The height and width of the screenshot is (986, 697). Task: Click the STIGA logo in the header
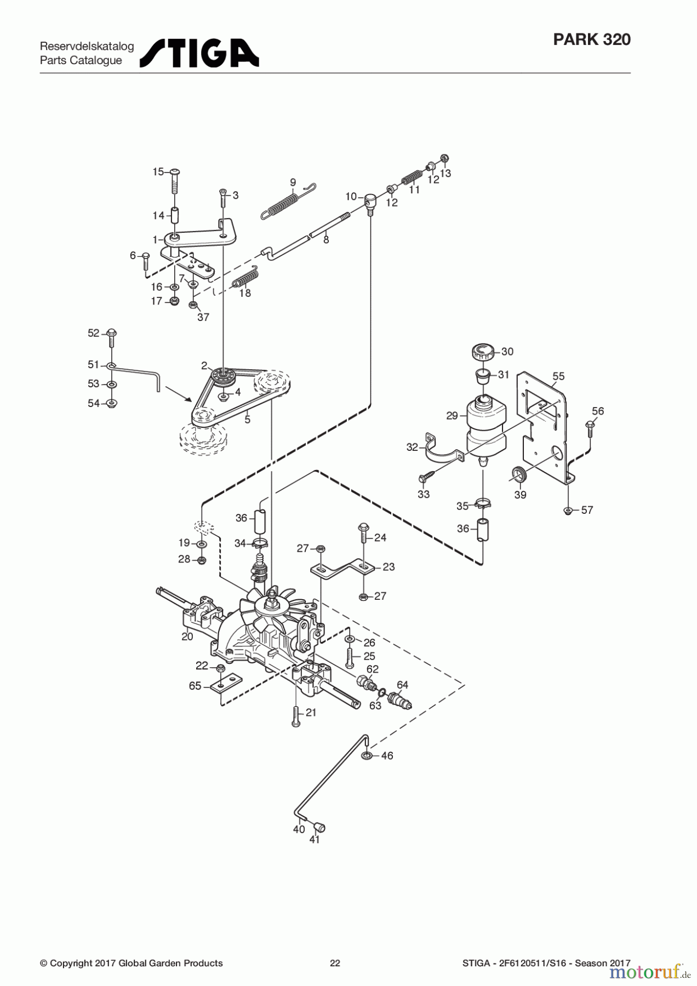click(199, 53)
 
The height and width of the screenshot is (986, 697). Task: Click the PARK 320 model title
click(592, 39)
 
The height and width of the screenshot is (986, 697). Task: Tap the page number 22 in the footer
click(335, 963)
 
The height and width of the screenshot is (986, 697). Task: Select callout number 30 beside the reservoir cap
click(507, 352)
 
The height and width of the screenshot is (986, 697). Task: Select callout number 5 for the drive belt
click(248, 420)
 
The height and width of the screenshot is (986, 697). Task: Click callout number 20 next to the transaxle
click(187, 637)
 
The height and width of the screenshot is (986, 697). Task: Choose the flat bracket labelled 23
click(342, 567)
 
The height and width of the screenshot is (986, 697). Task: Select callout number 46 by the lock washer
click(387, 756)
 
